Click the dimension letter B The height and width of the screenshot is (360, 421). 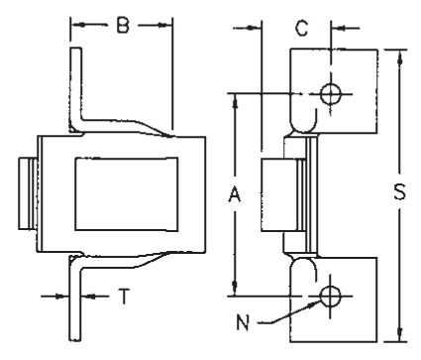123,25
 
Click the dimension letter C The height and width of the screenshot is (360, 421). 301,28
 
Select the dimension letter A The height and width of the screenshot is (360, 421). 235,194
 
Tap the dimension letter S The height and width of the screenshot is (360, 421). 399,191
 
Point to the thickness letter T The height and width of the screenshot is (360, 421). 124,296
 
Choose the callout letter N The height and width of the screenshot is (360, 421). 243,322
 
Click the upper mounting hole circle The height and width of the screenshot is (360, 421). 331,94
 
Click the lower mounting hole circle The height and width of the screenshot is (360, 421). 330,296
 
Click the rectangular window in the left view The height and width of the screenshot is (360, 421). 127,193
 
